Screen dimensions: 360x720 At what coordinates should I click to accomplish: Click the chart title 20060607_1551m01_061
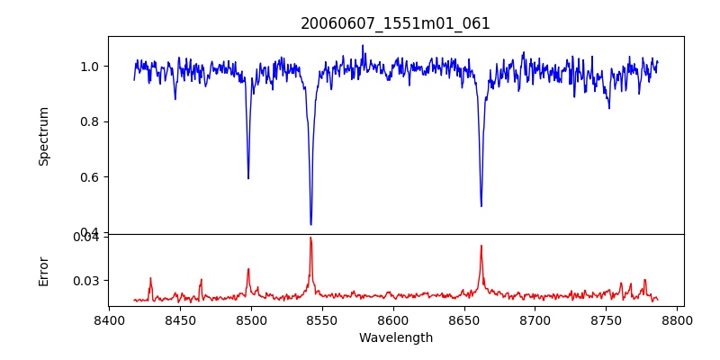pyautogui.click(x=395, y=23)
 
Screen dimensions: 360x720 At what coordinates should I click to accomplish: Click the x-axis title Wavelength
pyautogui.click(x=395, y=338)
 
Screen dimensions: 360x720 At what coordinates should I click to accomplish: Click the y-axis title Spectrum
pyautogui.click(x=44, y=136)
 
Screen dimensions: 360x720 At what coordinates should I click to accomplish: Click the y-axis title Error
pyautogui.click(x=44, y=271)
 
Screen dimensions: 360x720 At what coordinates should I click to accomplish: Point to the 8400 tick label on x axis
pyautogui.click(x=109, y=320)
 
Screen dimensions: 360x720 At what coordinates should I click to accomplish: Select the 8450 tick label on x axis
pyautogui.click(x=180, y=320)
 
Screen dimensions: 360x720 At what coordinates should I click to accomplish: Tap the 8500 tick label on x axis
pyautogui.click(x=251, y=320)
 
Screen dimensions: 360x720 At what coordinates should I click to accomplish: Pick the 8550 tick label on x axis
pyautogui.click(x=322, y=320)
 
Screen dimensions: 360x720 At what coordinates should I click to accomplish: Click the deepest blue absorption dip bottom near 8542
pyautogui.click(x=310, y=224)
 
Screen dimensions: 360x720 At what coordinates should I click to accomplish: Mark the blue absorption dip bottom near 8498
pyautogui.click(x=248, y=178)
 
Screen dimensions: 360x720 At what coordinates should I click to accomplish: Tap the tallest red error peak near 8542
pyautogui.click(x=310, y=238)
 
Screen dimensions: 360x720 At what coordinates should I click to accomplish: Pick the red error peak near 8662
pyautogui.click(x=481, y=246)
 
